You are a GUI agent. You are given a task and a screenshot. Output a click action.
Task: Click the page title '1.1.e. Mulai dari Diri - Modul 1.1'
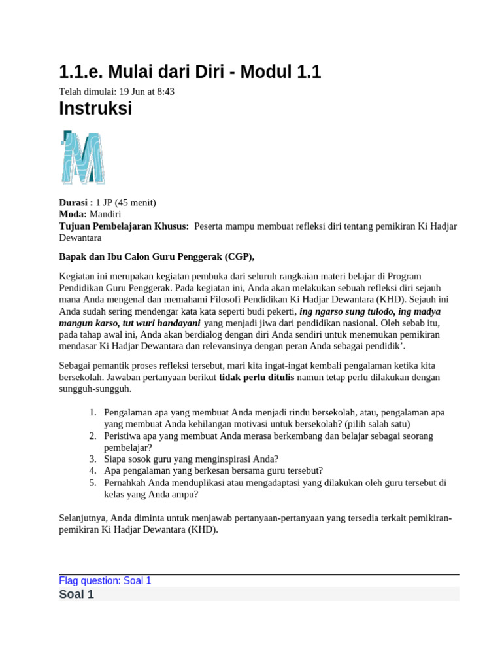pyautogui.click(x=190, y=72)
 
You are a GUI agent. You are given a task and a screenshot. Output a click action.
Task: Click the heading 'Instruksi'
pyautogui.click(x=95, y=109)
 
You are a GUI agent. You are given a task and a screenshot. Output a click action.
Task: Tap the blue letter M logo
pyautogui.click(x=82, y=157)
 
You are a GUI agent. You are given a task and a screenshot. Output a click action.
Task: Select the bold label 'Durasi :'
pyautogui.click(x=76, y=202)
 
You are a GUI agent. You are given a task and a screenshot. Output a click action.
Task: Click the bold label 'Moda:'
pyautogui.click(x=73, y=214)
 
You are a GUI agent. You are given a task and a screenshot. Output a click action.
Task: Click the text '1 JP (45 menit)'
pyautogui.click(x=126, y=202)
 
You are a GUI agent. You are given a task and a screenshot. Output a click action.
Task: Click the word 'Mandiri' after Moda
pyautogui.click(x=105, y=214)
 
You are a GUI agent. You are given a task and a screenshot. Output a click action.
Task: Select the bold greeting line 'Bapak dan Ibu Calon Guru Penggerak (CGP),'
pyautogui.click(x=156, y=256)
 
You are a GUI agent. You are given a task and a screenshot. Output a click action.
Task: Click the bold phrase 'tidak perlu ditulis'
pyautogui.click(x=256, y=377)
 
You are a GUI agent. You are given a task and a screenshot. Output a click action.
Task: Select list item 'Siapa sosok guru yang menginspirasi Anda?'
pyautogui.click(x=191, y=459)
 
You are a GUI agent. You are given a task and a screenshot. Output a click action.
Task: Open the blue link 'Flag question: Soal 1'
pyautogui.click(x=105, y=581)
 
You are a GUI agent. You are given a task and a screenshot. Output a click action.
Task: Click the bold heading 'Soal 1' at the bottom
pyautogui.click(x=76, y=595)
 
